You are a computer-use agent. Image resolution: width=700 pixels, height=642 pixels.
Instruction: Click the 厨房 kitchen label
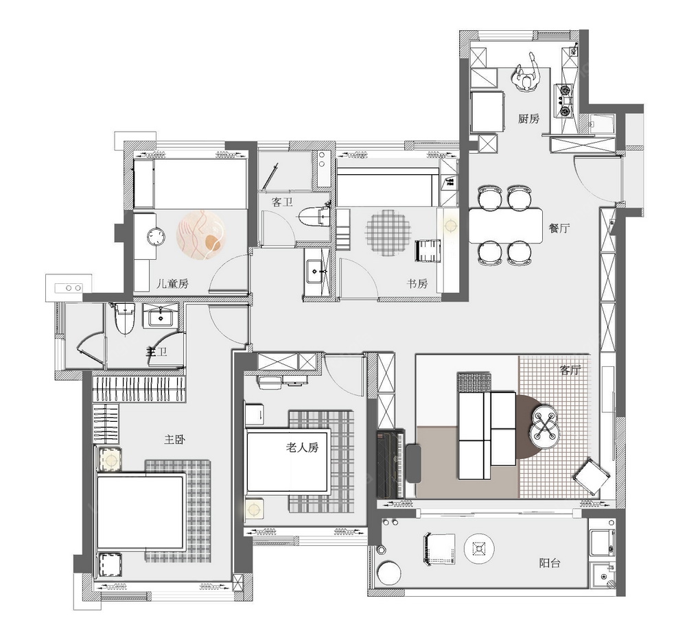pos(528,119)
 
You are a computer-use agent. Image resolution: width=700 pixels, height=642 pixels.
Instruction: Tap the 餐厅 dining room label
pos(559,228)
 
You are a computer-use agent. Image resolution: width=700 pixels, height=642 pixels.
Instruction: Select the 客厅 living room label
pos(570,370)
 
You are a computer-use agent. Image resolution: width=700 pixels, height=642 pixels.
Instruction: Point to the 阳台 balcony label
pos(550,563)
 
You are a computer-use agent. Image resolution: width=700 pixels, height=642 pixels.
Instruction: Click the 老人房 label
pos(302,447)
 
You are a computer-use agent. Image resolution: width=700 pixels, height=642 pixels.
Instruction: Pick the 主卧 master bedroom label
pos(174,440)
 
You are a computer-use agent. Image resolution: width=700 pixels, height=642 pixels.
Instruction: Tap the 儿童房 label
pos(172,284)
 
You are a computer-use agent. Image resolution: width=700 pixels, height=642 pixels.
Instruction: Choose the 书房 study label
pos(417,284)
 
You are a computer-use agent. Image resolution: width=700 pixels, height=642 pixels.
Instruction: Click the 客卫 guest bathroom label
pos(282,202)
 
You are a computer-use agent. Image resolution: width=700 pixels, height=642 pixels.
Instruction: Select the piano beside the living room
pos(391,464)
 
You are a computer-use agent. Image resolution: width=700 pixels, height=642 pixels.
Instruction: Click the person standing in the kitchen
pos(528,74)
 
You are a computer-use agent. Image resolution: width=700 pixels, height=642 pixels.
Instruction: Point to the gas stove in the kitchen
pos(565,101)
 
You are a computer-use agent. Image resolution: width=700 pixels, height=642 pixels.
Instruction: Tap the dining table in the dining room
pos(506,225)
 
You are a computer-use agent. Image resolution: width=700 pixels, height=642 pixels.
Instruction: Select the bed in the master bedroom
pos(141,514)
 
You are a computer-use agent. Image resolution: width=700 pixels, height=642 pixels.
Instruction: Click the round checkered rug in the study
pos(386,233)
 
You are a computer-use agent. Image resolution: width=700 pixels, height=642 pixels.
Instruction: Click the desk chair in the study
pos(428,251)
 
